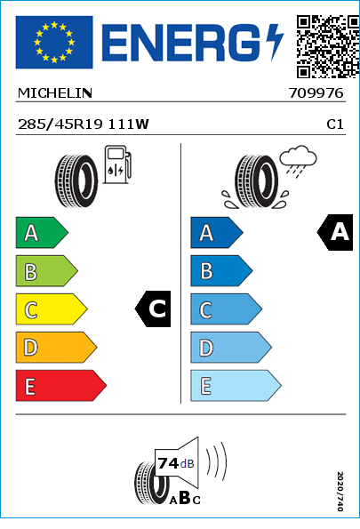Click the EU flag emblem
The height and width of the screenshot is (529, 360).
pyautogui.click(x=54, y=42)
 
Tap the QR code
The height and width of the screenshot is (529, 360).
pyautogui.click(x=328, y=46)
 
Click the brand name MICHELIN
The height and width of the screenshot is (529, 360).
pyautogui.click(x=55, y=93)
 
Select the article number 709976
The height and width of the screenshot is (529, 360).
pyautogui.click(x=316, y=93)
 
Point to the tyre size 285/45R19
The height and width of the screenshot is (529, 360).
pyautogui.click(x=60, y=124)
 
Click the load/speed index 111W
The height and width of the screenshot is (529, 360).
pyautogui.click(x=128, y=124)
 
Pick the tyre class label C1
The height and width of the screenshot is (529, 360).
pyautogui.click(x=335, y=124)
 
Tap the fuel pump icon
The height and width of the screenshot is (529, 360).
pyautogui.click(x=117, y=164)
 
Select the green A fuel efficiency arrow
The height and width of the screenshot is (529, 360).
pyautogui.click(x=42, y=233)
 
